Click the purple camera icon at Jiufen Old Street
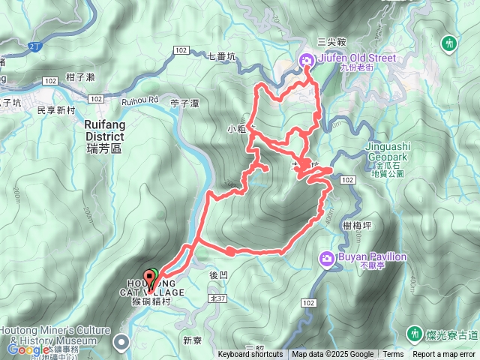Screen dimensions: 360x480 (x=307, y=60)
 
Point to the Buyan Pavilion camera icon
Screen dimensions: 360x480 (x=327, y=259)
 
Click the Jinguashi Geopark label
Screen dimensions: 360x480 (x=387, y=151)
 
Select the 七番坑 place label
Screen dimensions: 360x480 (x=221, y=55)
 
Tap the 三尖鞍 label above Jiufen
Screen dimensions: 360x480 (x=331, y=42)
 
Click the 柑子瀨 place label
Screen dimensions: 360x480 (x=79, y=77)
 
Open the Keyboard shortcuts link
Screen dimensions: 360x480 (x=250, y=355)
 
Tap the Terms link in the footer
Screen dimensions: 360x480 (x=393, y=355)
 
